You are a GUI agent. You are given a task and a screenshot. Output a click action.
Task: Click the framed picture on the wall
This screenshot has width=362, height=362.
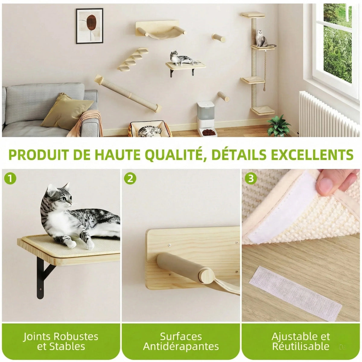[90, 26]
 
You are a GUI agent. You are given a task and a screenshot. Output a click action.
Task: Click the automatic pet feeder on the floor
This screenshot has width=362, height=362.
[207, 119]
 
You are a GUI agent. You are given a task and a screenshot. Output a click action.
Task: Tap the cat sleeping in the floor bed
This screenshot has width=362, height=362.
[150, 131]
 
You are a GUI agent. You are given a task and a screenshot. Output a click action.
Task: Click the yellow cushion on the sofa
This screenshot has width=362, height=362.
[67, 112]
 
